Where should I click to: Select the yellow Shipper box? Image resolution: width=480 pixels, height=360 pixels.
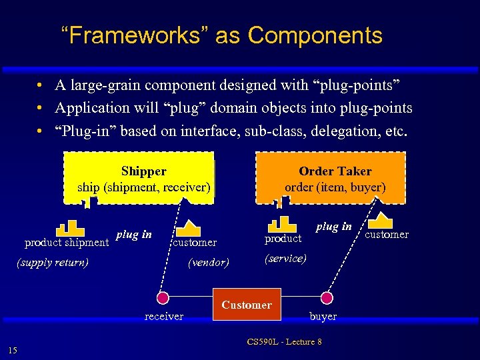tap(144, 179)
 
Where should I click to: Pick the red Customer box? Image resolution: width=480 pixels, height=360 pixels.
tap(247, 305)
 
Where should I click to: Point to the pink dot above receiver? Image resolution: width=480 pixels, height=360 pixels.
tap(162, 297)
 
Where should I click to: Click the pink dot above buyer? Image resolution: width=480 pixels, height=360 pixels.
tap(327, 297)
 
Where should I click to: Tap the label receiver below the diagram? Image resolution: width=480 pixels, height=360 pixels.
tap(164, 316)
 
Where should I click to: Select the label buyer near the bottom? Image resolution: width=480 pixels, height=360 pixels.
tap(323, 316)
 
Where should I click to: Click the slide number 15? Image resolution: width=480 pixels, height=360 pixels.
tap(13, 351)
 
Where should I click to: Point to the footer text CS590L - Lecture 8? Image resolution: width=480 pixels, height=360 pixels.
tap(284, 342)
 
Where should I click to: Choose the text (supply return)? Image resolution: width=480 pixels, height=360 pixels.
tap(52, 262)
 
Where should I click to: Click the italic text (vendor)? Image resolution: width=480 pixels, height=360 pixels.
tap(209, 263)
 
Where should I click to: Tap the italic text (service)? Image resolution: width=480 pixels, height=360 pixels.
tap(286, 258)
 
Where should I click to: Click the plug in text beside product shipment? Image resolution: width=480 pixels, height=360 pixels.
tap(133, 234)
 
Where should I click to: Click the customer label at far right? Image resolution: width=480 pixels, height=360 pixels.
tap(387, 234)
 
